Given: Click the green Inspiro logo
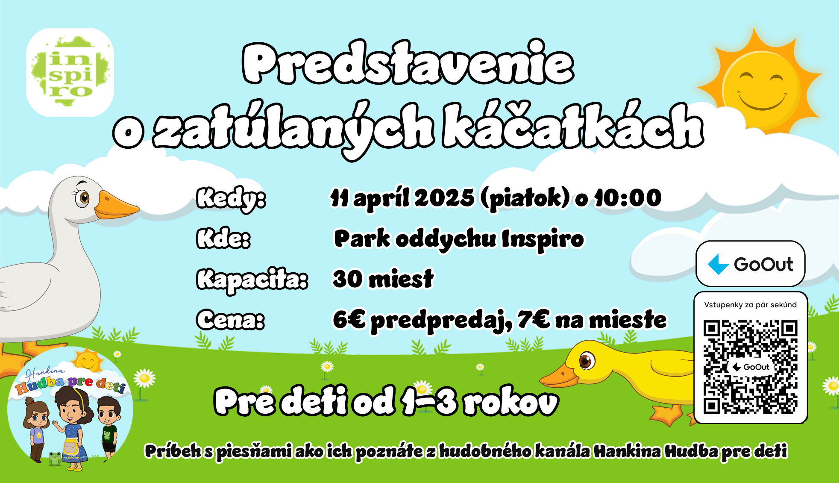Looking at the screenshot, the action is (70, 72).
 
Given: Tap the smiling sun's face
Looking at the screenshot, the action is (762, 87).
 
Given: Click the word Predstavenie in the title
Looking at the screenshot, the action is (408, 63).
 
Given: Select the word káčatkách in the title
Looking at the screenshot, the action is (572, 126).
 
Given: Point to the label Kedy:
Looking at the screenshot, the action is (231, 198).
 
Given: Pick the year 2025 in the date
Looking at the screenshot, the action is (444, 198).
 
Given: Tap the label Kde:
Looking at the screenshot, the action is (223, 238).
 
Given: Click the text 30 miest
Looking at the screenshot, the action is (383, 279).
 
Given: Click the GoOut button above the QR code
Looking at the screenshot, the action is (751, 264).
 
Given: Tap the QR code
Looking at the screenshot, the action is (751, 367).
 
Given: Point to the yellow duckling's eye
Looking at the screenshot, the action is (587, 361).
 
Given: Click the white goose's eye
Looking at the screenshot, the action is (82, 197).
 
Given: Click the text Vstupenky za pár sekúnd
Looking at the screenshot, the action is (751, 305).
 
